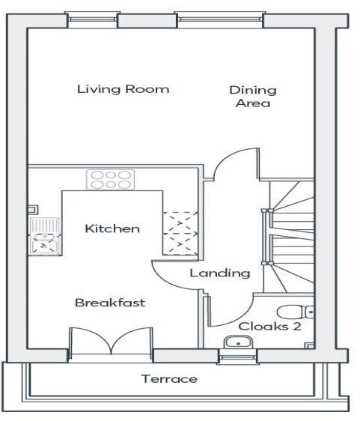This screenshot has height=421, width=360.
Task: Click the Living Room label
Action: coord(123,89)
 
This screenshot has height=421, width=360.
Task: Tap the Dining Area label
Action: coord(252,97)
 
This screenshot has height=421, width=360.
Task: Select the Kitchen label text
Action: coord(112,228)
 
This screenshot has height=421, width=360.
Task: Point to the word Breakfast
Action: coord(110,303)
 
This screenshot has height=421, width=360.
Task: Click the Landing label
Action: coord(219,273)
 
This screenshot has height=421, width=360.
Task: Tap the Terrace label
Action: coord(170,379)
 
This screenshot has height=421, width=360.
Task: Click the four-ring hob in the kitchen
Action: coord(109,180)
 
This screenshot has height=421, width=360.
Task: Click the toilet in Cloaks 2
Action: coord(294,312)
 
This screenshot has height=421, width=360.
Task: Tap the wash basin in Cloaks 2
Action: coord(238,342)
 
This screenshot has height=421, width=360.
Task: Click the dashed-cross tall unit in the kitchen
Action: coord(180,230)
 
